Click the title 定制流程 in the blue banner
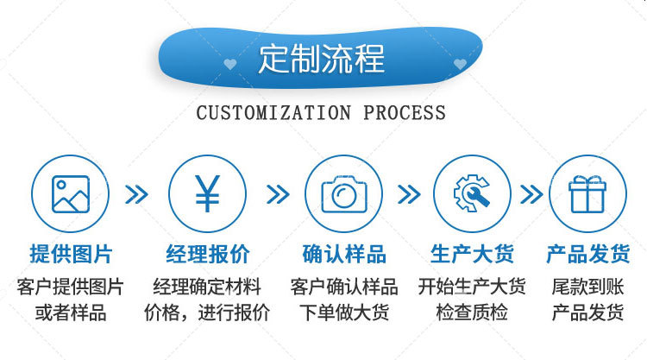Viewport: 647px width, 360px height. click(321, 58)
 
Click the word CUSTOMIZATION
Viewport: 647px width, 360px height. click(273, 113)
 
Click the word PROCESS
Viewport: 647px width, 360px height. click(405, 113)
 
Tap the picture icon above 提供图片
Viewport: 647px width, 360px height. click(70, 194)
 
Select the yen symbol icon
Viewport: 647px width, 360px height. click(207, 194)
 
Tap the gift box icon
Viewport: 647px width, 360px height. click(587, 194)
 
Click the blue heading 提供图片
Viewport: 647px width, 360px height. click(71, 254)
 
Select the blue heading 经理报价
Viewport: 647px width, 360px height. click(207, 254)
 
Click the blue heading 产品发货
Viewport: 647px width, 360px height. click(587, 254)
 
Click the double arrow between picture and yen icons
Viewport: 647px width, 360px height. click(136, 194)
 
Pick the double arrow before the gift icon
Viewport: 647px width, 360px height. click(531, 194)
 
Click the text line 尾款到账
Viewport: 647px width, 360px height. click(587, 287)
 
